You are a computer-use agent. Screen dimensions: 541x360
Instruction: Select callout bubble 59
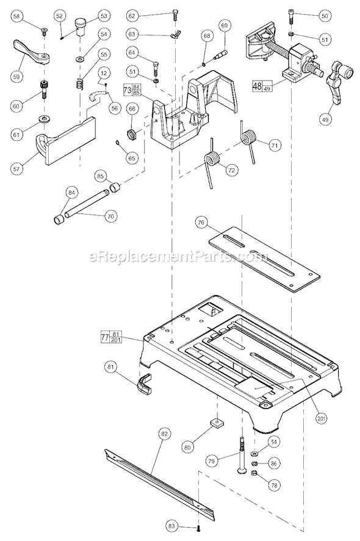coord(16,77)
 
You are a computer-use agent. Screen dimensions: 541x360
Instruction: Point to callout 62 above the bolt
coord(133,15)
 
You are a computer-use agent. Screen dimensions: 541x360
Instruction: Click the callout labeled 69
coord(225,26)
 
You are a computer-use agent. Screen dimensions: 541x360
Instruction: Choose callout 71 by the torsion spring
coord(275,146)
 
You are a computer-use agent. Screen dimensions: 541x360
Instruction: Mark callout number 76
coord(201,223)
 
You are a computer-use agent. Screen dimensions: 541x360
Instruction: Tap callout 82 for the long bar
coord(164,434)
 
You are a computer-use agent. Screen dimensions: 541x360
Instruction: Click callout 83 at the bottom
coord(172,525)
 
